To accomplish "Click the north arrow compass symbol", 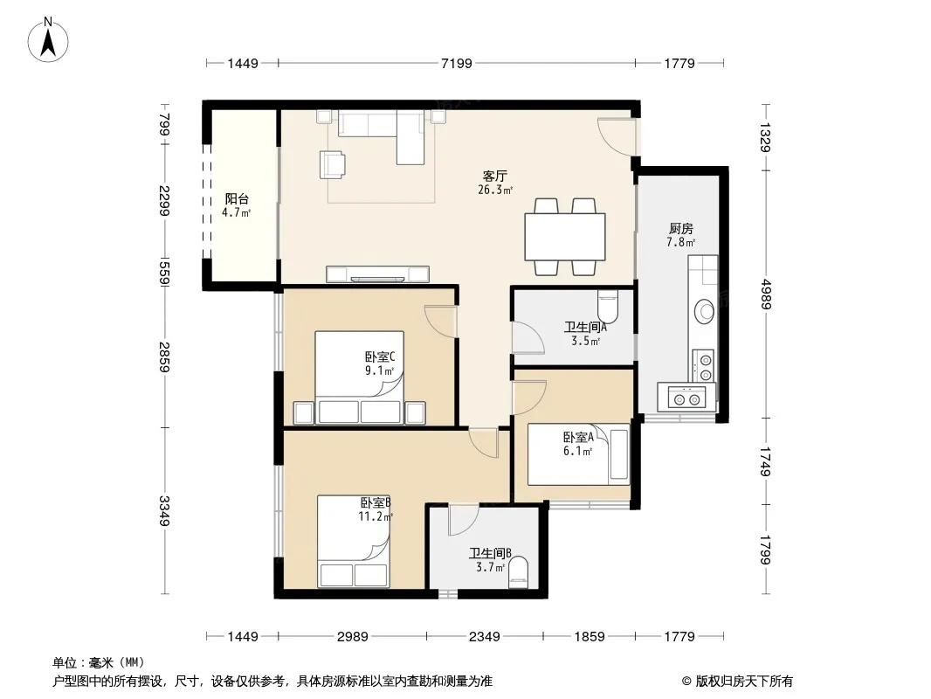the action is pyautogui.click(x=48, y=40).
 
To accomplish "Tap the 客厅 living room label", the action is pyautogui.click(x=494, y=176).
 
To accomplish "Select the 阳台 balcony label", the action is pyautogui.click(x=237, y=199).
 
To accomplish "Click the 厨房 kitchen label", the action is pyautogui.click(x=680, y=229).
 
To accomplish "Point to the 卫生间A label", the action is pyautogui.click(x=585, y=327).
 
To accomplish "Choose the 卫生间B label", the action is pyautogui.click(x=491, y=553).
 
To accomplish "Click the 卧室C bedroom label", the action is pyautogui.click(x=379, y=356).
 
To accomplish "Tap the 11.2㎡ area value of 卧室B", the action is pyautogui.click(x=376, y=516).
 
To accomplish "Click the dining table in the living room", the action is pyautogui.click(x=565, y=237).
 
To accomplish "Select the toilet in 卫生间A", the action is pyautogui.click(x=607, y=305).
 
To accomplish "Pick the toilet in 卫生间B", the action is pyautogui.click(x=519, y=572).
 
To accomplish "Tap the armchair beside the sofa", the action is pyautogui.click(x=332, y=164).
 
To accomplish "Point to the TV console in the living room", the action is pyautogui.click(x=377, y=273).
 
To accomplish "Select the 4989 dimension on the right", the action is pyautogui.click(x=765, y=294).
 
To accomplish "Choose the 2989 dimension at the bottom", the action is pyautogui.click(x=353, y=637).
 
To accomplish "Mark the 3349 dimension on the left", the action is pyautogui.click(x=164, y=511).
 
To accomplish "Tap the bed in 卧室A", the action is pyautogui.click(x=578, y=454).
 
